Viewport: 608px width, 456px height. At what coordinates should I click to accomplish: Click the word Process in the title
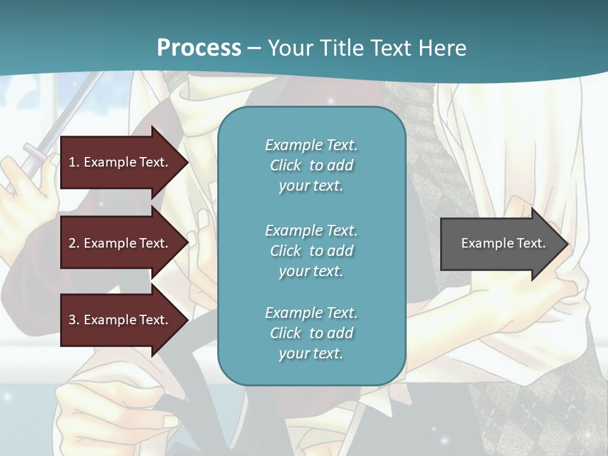199,48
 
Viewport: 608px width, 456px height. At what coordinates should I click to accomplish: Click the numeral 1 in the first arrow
72,162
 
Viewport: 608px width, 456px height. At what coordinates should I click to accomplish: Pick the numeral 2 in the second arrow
72,243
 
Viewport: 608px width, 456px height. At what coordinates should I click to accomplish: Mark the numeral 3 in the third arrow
72,320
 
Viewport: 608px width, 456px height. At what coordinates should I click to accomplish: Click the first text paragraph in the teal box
311,165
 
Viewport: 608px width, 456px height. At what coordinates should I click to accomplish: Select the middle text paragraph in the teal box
311,251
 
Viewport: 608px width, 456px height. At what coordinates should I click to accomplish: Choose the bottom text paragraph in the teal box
311,333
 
